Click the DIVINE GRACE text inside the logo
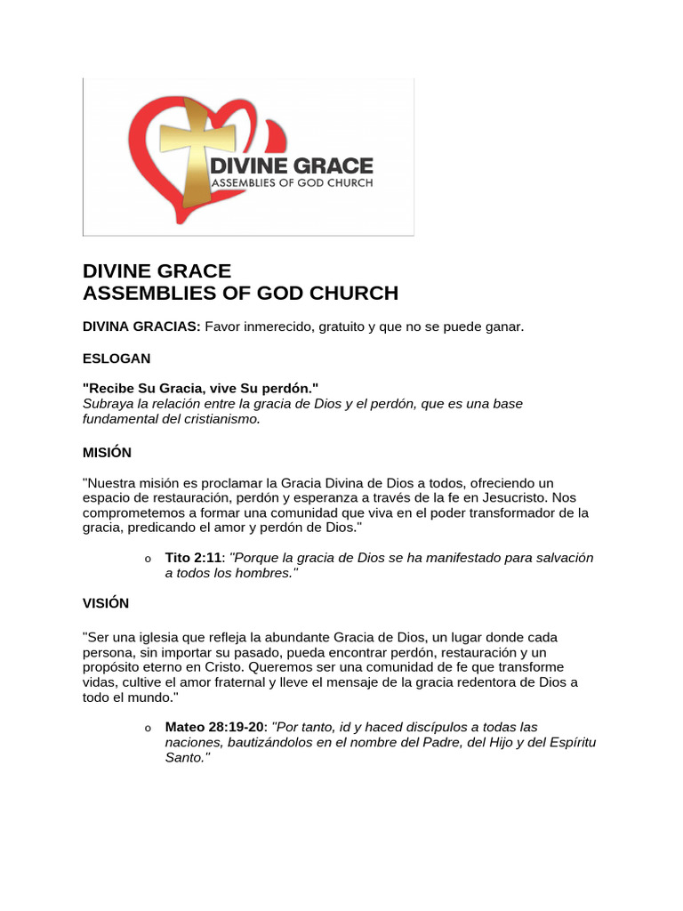[291, 166]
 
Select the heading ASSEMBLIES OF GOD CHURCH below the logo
[240, 293]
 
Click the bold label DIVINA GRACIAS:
[141, 327]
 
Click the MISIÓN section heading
[107, 452]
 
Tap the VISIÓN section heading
[106, 602]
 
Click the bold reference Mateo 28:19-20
[214, 726]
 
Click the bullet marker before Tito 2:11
[148, 560]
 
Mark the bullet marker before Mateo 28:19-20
[148, 728]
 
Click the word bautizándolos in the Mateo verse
[272, 742]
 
